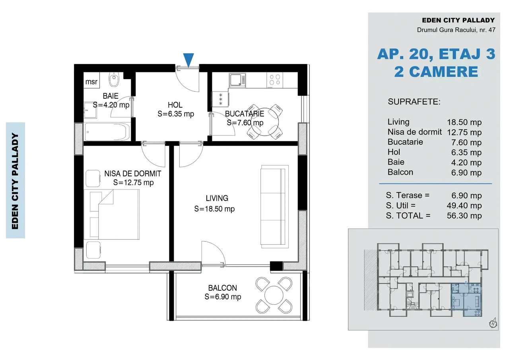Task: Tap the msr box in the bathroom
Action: [x=91, y=82]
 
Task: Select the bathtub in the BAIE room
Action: [x=107, y=132]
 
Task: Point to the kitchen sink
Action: [x=237, y=80]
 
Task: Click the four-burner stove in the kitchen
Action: [x=275, y=81]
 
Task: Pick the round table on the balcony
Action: [x=274, y=295]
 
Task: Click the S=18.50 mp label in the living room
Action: [x=214, y=209]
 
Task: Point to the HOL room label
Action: [x=175, y=105]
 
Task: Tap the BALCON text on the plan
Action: [x=222, y=288]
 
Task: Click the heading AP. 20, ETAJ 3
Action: [x=436, y=54]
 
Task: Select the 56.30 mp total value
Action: [x=464, y=216]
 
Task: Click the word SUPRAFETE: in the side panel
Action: [x=414, y=102]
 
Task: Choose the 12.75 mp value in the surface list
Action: [x=464, y=132]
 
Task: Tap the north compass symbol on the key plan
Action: [x=493, y=323]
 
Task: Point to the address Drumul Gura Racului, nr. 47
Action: [x=456, y=30]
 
